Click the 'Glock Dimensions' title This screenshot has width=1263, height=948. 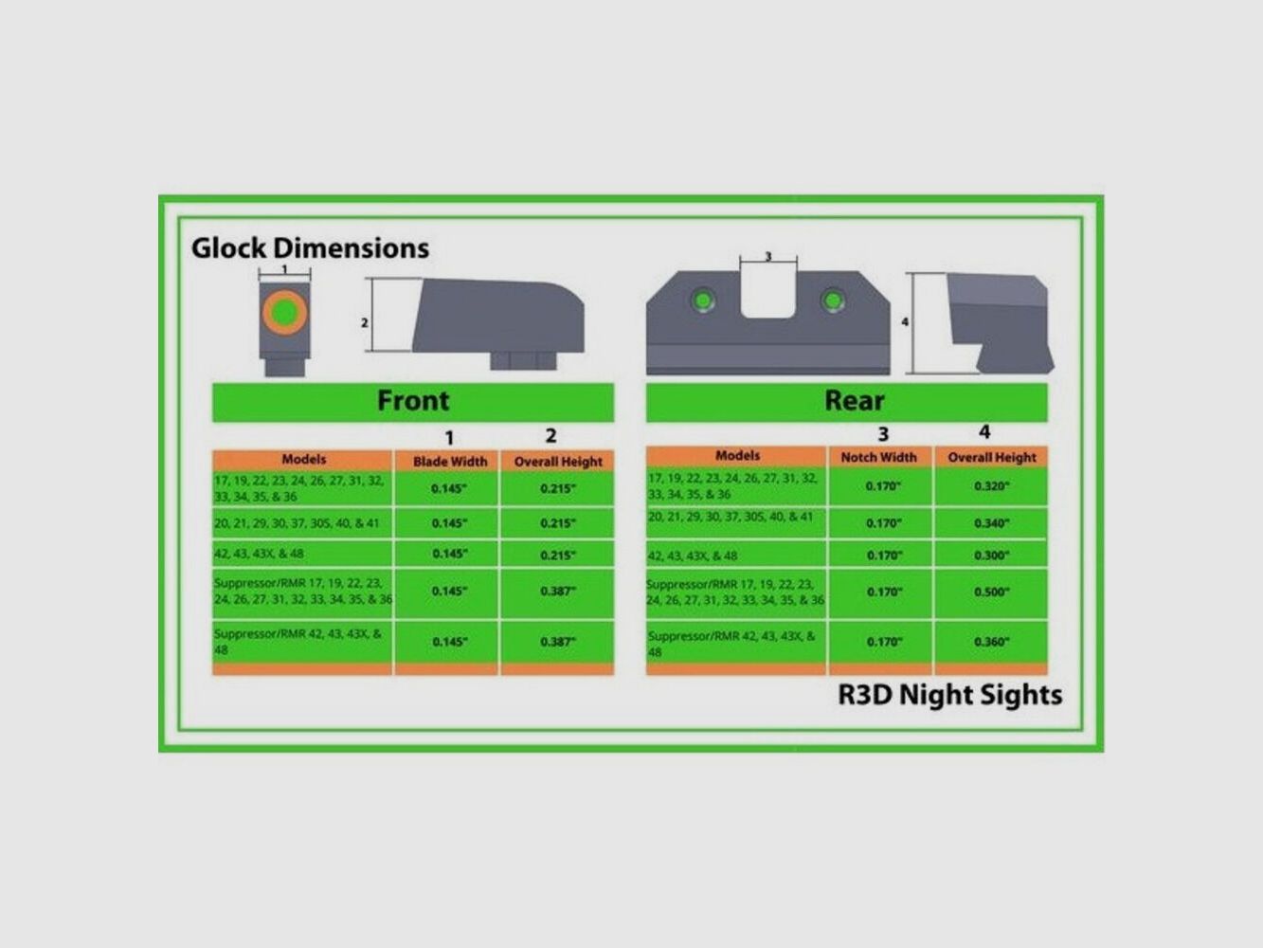[310, 248]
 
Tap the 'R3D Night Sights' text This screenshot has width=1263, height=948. [949, 695]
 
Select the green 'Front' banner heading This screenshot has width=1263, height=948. [413, 401]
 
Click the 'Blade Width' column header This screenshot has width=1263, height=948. [450, 462]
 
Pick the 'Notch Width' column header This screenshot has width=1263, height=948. [878, 457]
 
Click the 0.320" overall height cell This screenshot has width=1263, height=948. [992, 486]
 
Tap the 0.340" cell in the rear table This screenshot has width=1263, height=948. [992, 523]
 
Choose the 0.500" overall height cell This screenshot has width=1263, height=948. [992, 592]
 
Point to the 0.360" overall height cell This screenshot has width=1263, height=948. [992, 642]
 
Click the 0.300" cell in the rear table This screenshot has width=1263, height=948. [992, 556]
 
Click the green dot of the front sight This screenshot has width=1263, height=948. [283, 311]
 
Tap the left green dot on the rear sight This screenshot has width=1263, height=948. [702, 301]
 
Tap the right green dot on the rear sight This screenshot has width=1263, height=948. [833, 301]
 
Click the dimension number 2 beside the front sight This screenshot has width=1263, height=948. [365, 323]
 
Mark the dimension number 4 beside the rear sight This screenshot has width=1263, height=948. [905, 322]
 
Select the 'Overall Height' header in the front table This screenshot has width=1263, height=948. [558, 462]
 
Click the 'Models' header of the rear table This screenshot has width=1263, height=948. [737, 456]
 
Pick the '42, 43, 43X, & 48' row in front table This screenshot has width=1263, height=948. [260, 554]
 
